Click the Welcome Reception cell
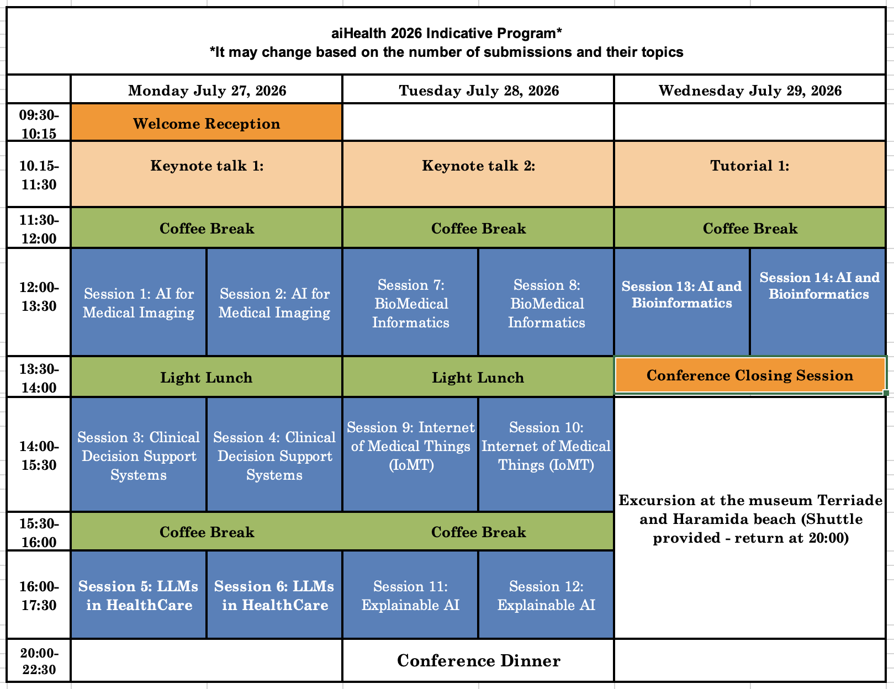point(207,123)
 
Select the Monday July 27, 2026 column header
point(207,91)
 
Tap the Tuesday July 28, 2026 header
point(479,91)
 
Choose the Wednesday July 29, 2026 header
point(750,91)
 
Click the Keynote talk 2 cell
point(479,166)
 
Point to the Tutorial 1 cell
point(750,166)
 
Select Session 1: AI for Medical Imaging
point(139,303)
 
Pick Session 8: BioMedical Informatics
point(547,303)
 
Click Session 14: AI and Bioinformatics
point(819,285)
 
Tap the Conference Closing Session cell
point(750,375)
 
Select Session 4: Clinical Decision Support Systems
point(274,456)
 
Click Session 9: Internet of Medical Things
point(410,446)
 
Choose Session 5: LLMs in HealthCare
point(139,596)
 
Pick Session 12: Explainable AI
point(547,596)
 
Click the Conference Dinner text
point(479,661)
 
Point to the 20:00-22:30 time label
point(39,661)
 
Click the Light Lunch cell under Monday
point(207,378)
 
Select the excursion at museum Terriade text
point(750,519)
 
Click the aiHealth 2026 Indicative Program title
point(446,34)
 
